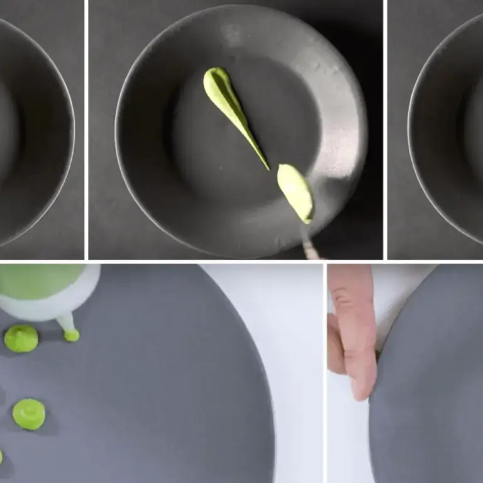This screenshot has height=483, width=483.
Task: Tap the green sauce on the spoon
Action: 296,190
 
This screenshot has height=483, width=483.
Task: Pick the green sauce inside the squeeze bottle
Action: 38,280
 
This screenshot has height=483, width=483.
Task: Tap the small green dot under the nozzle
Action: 72,335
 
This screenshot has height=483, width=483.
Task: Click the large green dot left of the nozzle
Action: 21,338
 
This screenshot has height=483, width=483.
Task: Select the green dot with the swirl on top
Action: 29,414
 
